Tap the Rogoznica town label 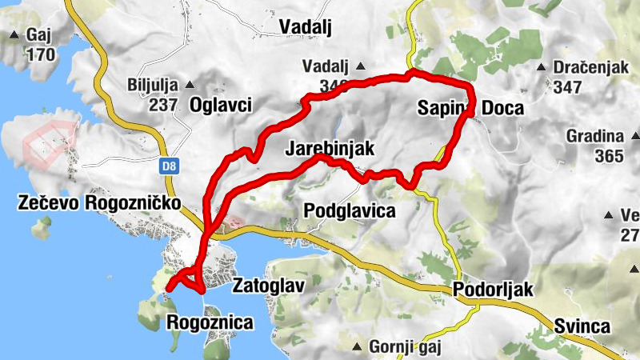click(x=210, y=323)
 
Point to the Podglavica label click(x=350, y=210)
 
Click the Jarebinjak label click(x=330, y=149)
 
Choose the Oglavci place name click(x=221, y=104)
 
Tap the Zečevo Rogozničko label click(x=98, y=204)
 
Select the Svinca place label click(x=582, y=326)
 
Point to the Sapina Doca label click(x=470, y=108)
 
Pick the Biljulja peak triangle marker click(x=190, y=84)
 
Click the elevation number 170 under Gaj click(x=40, y=56)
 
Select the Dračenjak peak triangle click(x=542, y=67)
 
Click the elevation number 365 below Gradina click(x=609, y=155)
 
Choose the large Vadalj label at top click(x=304, y=26)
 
